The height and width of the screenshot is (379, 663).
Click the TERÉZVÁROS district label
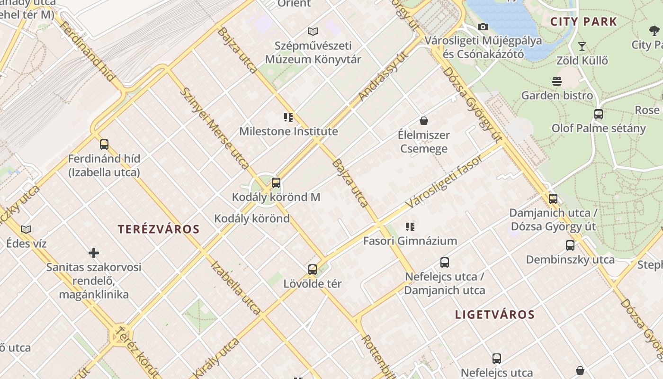coord(159,230)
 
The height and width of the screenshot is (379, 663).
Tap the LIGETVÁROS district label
coord(495,315)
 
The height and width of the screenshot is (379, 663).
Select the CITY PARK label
coord(583,21)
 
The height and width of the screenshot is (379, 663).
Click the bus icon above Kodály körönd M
coord(276,182)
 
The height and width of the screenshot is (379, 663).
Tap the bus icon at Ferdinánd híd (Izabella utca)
coord(104,144)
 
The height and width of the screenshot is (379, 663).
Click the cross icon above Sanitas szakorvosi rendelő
coord(94,253)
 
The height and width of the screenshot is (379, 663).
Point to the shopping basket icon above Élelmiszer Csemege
coord(424,121)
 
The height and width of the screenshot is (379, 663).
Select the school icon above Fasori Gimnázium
coord(410,226)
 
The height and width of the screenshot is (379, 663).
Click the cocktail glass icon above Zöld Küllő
coord(582,46)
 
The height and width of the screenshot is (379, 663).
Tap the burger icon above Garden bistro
coord(557,81)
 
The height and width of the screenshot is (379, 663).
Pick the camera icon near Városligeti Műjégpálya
coord(483,27)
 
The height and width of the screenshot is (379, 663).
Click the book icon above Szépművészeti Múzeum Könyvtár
coord(313,32)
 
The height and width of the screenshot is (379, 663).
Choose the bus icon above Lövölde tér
coord(313,270)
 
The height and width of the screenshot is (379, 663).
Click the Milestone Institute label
coord(288,131)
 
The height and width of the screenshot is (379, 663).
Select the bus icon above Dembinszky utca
coord(570,245)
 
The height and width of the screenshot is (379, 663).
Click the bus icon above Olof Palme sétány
coord(599,114)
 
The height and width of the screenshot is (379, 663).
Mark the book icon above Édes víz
coord(26,229)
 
